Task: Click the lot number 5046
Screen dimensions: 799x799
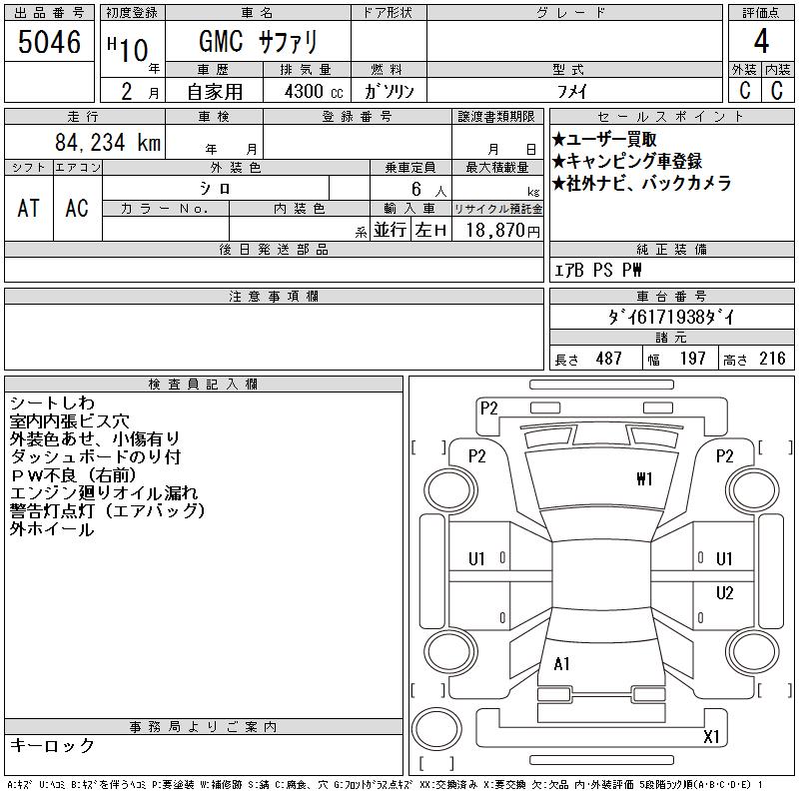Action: tap(49, 42)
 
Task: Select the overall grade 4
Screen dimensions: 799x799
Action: tap(761, 41)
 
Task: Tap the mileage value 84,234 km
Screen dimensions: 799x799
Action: tap(108, 142)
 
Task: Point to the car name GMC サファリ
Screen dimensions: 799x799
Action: tap(258, 42)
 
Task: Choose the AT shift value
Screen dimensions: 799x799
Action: tap(29, 208)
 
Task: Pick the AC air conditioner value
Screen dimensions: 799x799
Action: tap(77, 208)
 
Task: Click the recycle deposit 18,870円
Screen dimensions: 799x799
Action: tap(502, 231)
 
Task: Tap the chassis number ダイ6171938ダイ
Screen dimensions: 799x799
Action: tap(671, 318)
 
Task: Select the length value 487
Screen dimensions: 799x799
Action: tap(609, 359)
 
